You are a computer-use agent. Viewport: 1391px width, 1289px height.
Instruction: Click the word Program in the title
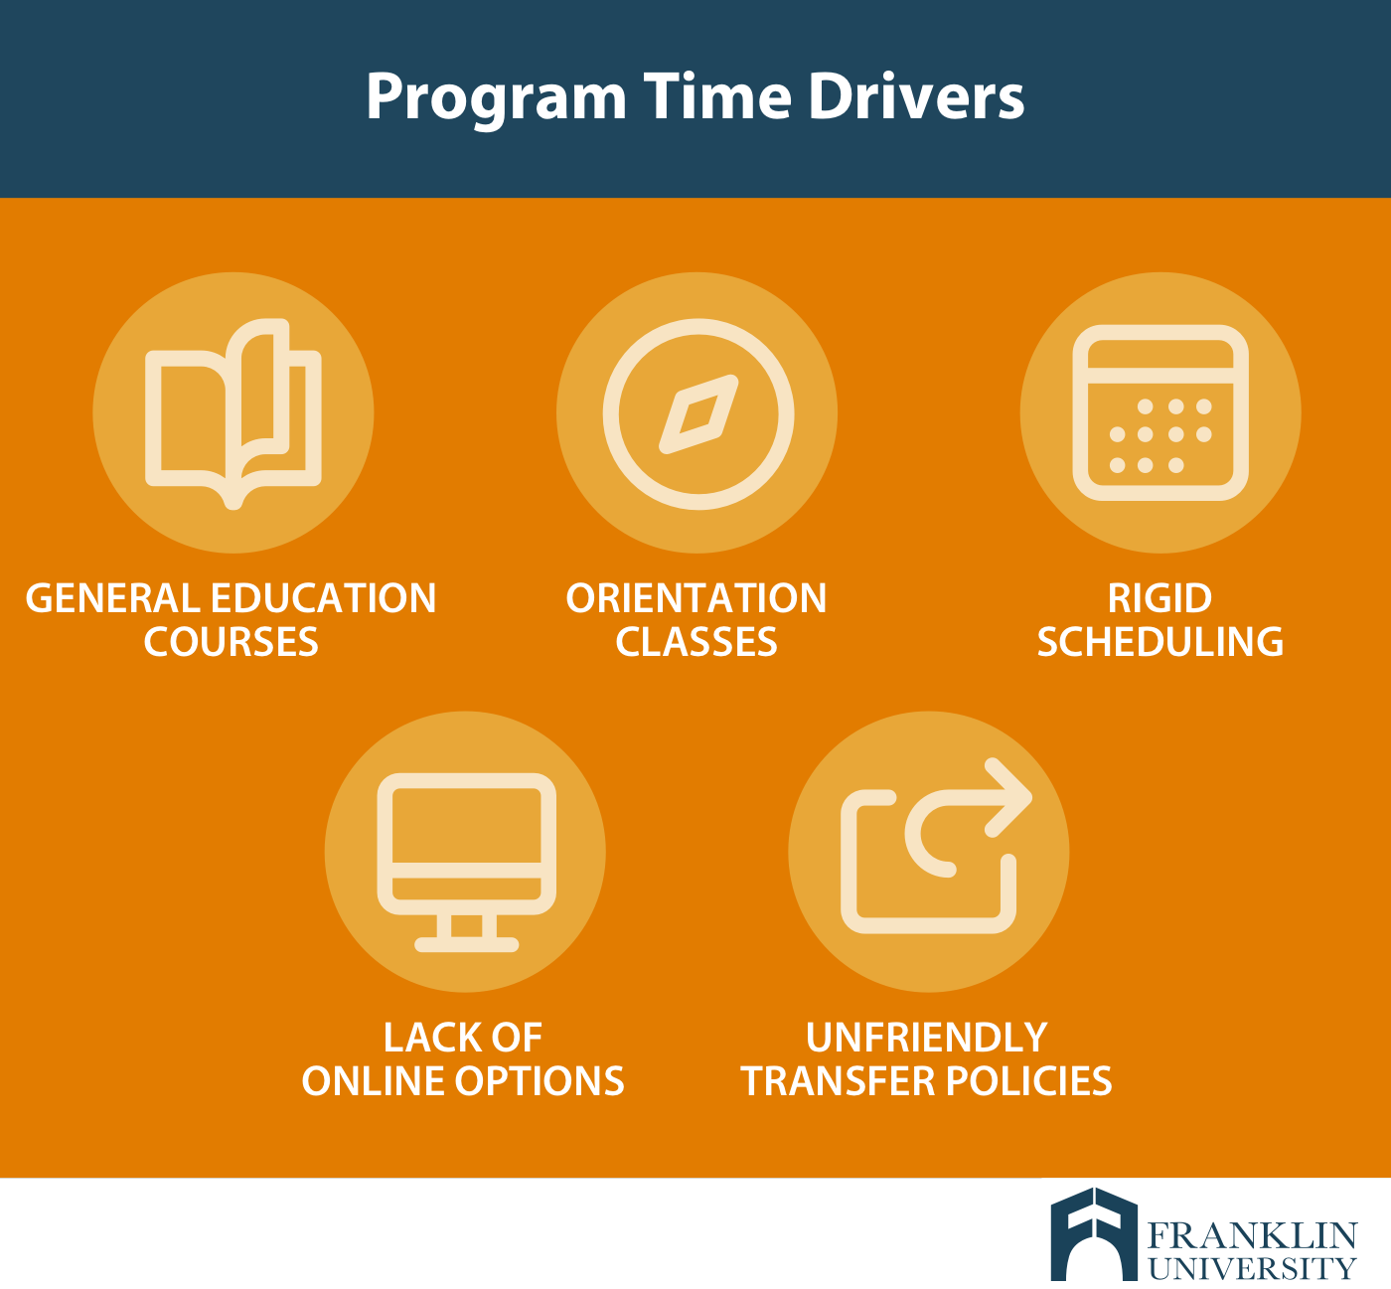[x=496, y=99]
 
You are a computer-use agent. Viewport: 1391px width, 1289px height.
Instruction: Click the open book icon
[x=233, y=413]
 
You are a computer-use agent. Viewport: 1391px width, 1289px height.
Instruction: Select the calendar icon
[x=1160, y=412]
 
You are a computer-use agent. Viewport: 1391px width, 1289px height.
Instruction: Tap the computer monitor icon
[x=466, y=862]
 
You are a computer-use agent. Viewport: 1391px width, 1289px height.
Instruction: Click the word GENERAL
[x=112, y=598]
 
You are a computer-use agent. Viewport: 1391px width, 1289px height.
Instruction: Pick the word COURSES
[x=232, y=642]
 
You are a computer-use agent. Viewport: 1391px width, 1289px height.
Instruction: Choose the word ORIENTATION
[x=696, y=598]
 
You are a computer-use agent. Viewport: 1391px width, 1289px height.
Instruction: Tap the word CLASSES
[x=696, y=642]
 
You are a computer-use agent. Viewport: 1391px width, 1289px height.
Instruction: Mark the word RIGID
[x=1159, y=598]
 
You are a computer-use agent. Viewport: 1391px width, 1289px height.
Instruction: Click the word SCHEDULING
[x=1159, y=642]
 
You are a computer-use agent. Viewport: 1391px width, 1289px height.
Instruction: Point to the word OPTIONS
[x=540, y=1081]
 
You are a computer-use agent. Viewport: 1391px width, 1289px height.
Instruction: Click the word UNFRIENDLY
[x=927, y=1038]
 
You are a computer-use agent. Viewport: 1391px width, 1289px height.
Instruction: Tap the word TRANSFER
[x=838, y=1081]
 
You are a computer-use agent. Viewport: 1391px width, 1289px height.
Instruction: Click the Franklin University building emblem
[x=1094, y=1233]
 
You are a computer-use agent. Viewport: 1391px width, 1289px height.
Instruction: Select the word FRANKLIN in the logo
[x=1252, y=1235]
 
